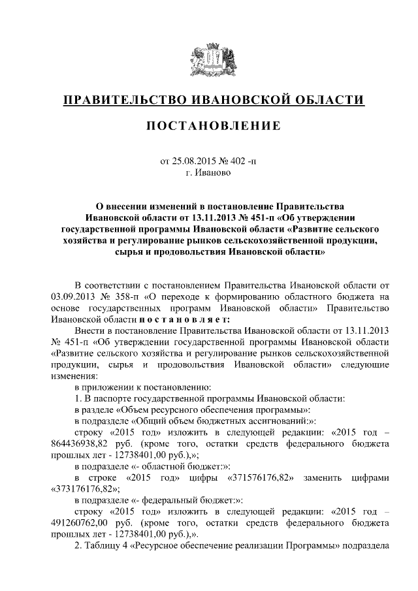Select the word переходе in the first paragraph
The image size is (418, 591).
[x=178, y=298]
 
